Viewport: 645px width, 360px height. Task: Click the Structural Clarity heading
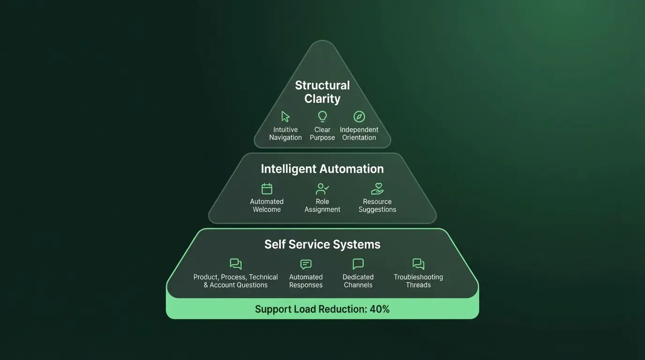pos(322,92)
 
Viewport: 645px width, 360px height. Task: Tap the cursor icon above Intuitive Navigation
pos(285,117)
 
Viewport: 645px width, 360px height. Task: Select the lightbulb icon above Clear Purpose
pos(322,116)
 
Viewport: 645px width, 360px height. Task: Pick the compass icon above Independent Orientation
pos(359,117)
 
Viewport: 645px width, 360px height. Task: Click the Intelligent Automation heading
pos(322,169)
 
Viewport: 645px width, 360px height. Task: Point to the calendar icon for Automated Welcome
pos(267,188)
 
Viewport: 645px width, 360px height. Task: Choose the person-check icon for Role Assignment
pos(322,188)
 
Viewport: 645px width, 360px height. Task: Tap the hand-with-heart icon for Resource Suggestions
pos(377,188)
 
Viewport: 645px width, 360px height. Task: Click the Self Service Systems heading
pos(322,244)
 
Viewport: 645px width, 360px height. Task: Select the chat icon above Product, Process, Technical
pos(236,264)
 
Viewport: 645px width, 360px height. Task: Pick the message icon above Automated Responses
pos(306,264)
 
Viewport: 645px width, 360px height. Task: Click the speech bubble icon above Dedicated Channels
pos(358,264)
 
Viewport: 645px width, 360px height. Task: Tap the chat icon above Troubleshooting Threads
pos(418,264)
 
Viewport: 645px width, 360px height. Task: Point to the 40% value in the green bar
pos(379,309)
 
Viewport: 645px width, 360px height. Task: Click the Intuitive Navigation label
pos(285,134)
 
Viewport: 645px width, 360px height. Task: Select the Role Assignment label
pos(322,205)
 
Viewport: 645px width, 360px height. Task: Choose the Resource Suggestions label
pos(377,205)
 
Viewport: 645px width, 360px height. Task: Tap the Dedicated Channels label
pos(358,281)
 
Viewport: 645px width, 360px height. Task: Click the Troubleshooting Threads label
pos(418,281)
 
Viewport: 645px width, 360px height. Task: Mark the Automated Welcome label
pos(267,205)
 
